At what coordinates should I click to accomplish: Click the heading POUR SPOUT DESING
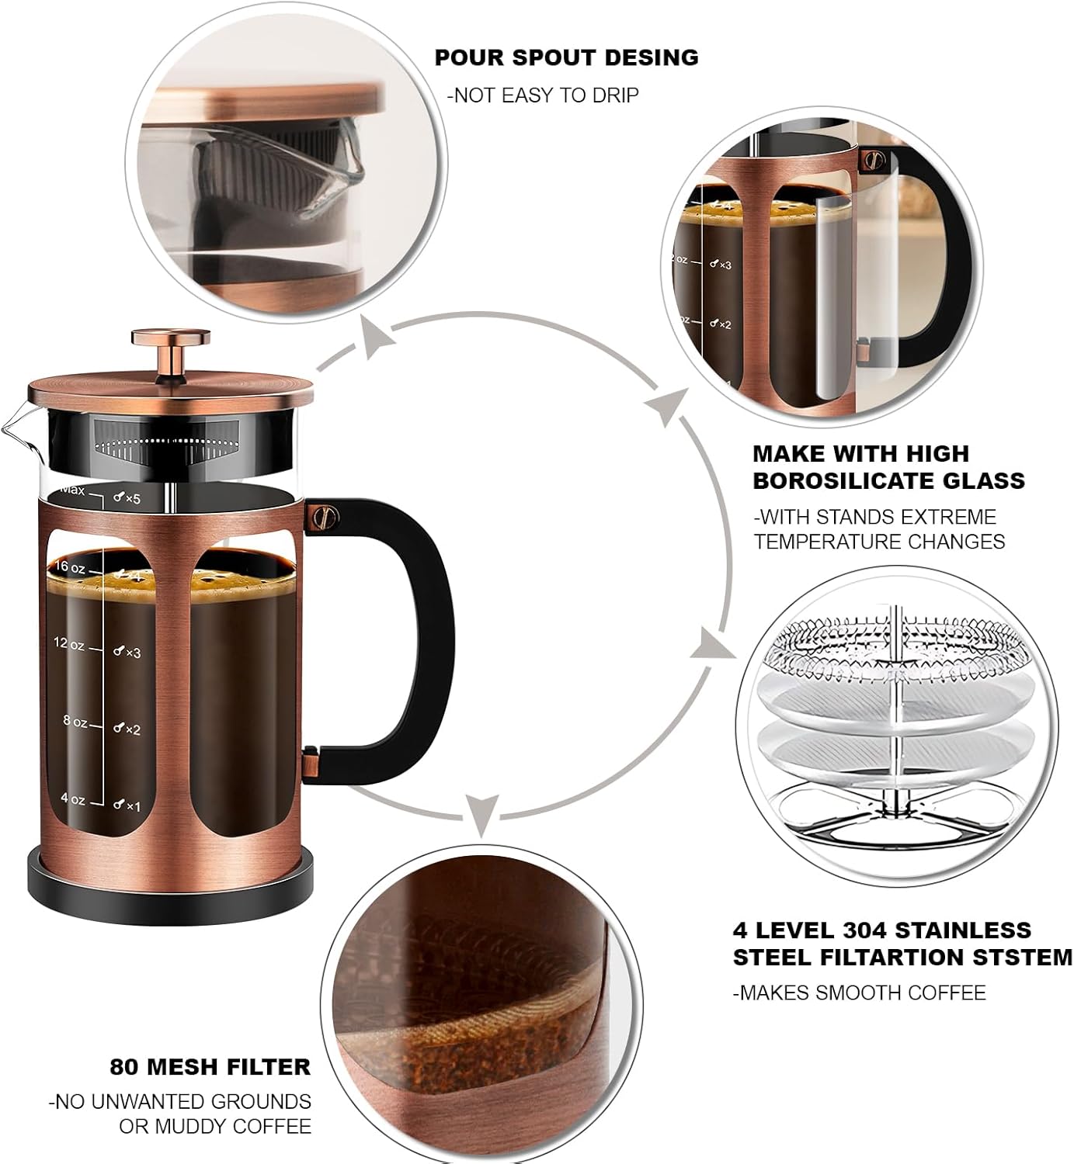coord(566,57)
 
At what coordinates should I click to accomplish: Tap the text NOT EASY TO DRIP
coord(543,95)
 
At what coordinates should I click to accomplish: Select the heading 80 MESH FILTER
coord(210,1067)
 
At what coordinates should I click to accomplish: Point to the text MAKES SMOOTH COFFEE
coord(860,993)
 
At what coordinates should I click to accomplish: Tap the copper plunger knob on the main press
coord(171,338)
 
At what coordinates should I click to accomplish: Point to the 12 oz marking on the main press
coord(69,643)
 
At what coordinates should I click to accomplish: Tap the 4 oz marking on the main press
coord(72,799)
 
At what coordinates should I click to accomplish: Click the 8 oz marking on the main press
coord(75,721)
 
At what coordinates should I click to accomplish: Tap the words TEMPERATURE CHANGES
coord(879,541)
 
